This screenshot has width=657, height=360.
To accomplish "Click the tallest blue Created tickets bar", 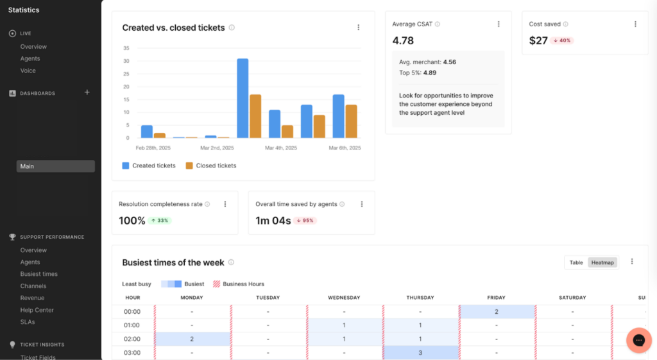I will [x=243, y=98].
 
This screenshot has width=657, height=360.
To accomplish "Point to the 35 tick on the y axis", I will [x=126, y=48].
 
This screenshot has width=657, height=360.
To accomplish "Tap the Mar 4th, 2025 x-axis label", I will [x=281, y=148].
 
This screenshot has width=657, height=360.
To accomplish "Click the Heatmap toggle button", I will [x=602, y=262].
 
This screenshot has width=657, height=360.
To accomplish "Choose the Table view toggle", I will [x=576, y=262].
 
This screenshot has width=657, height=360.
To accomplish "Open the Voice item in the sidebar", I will [x=28, y=71].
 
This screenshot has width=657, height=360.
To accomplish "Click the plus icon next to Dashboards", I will [x=87, y=92].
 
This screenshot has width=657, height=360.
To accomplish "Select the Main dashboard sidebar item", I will [x=56, y=166].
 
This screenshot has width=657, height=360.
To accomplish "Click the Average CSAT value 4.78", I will [x=403, y=40].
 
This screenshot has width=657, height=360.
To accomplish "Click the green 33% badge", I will [x=160, y=221].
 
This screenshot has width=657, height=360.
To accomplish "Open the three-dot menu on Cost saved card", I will [x=635, y=24].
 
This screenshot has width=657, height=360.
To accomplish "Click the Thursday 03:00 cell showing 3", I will [x=420, y=353].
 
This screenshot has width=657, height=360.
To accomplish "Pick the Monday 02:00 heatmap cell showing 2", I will [x=192, y=339].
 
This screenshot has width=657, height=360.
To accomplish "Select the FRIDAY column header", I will [x=496, y=298].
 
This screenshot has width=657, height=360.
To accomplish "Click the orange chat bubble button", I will [x=638, y=340].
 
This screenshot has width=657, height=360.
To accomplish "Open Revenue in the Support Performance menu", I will [x=32, y=298].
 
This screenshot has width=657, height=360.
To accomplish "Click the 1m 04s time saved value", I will [x=273, y=221].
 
